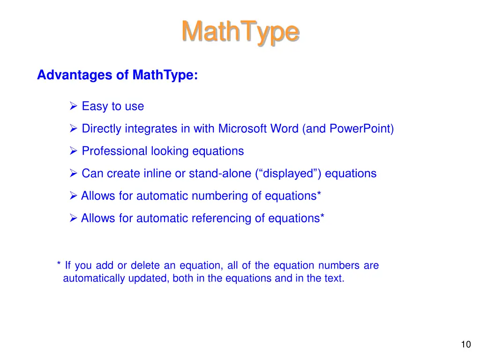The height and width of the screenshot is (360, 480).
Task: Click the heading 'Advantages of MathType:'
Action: click(117, 75)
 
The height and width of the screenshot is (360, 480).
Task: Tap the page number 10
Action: click(465, 345)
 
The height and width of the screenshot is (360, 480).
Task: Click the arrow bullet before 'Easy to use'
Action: click(73, 106)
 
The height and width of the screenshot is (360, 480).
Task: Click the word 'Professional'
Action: click(114, 151)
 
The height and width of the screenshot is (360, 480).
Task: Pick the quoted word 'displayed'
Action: click(289, 173)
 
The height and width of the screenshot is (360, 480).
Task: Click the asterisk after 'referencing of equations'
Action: click(322, 217)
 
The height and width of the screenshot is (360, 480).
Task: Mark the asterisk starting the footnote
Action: click(59, 265)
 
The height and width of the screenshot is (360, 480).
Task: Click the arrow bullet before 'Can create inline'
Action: click(73, 174)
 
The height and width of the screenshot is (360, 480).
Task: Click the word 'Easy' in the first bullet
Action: click(95, 106)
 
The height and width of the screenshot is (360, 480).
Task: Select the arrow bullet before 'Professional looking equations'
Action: click(73, 151)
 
